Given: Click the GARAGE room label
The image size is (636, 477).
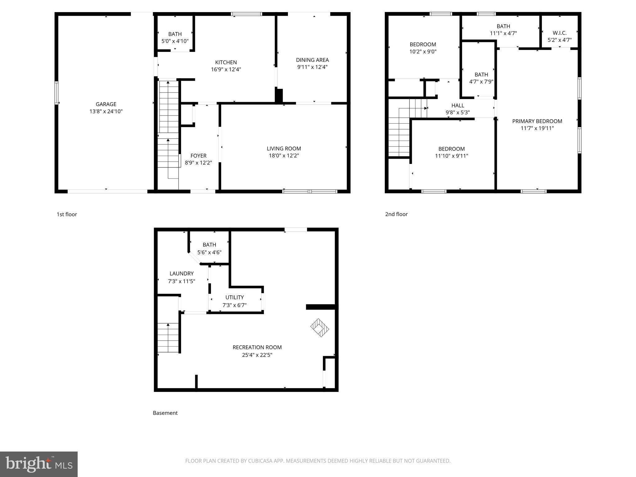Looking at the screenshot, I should [x=106, y=104].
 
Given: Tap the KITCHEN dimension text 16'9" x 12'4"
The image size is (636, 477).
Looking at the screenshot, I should [x=226, y=70].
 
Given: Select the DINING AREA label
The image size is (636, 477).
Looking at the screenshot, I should [x=312, y=60].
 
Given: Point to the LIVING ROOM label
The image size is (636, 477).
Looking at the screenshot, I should [x=284, y=149].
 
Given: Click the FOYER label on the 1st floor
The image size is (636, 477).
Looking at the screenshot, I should [x=198, y=156].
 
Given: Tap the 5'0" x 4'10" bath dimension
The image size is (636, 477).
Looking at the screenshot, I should [x=175, y=41].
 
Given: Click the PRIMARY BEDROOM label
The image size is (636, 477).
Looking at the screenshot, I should [x=537, y=121].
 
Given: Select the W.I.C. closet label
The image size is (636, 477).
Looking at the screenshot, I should [x=559, y=33].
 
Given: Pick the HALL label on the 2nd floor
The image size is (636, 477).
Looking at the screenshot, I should [x=458, y=106].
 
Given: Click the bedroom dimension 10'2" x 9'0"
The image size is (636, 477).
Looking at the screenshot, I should [x=423, y=52].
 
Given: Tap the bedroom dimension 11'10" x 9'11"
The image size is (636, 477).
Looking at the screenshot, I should [x=451, y=156].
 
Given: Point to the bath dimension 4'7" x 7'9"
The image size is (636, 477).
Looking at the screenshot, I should [x=481, y=82].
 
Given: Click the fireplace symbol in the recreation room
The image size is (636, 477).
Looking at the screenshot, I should [x=320, y=327].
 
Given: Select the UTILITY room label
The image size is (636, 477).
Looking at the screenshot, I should [x=234, y=298].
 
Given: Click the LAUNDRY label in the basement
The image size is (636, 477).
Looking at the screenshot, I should [x=181, y=274].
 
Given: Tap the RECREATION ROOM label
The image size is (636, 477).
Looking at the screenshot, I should [x=257, y=347].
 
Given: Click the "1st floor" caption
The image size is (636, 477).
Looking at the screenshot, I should [x=67, y=214].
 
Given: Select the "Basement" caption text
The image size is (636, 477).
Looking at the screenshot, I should [x=165, y=413].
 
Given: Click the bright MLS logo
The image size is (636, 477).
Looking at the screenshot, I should [x=39, y=464].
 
